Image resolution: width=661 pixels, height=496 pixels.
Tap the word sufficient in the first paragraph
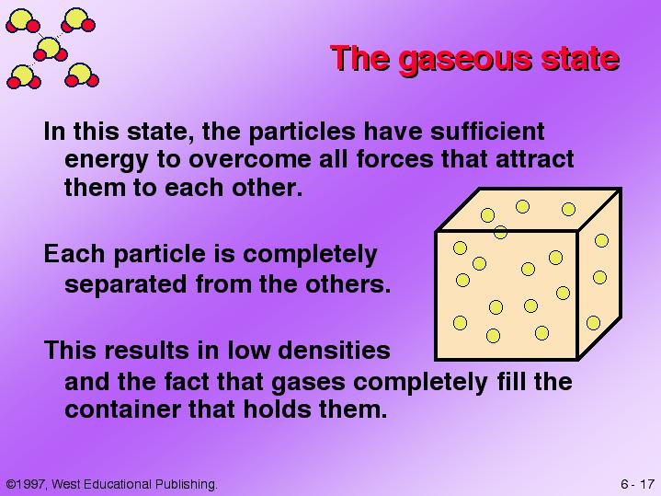[487, 131]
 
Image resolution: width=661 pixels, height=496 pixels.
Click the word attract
[534, 159]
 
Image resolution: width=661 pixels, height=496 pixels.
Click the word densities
[334, 351]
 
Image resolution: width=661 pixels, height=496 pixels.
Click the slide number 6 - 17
[637, 484]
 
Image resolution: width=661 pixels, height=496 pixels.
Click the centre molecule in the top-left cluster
[51, 50]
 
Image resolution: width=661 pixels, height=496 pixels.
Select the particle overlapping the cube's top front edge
[500, 232]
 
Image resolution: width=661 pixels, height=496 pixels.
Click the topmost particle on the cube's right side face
[601, 240]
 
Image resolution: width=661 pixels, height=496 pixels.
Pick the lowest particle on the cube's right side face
[593, 323]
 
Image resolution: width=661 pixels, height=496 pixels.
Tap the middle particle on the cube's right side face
[600, 277]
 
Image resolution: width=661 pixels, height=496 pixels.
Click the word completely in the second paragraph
[310, 255]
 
